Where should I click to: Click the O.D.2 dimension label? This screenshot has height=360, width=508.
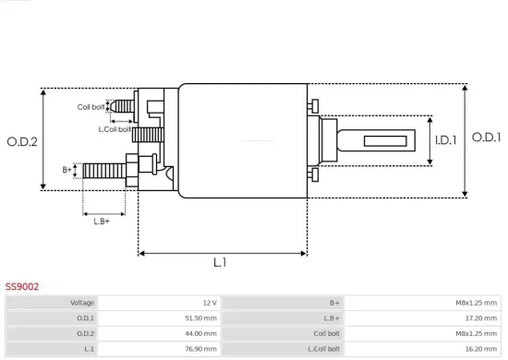point(21,141)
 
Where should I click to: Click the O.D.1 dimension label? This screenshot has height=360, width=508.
point(487,138)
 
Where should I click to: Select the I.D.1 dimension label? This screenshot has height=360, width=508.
point(447,140)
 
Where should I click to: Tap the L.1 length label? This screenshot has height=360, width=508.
point(220,263)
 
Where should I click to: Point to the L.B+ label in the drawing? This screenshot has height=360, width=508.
point(102,220)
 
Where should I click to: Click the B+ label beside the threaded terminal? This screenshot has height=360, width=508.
point(67,170)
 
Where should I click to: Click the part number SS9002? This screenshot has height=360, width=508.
point(22,286)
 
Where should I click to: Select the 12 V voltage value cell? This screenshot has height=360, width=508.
point(210,302)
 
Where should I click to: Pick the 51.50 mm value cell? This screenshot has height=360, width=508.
point(200,318)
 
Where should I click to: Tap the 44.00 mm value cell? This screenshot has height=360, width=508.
point(200,333)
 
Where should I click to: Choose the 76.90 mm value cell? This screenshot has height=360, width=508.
point(200,349)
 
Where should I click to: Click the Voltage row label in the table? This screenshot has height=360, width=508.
point(82,302)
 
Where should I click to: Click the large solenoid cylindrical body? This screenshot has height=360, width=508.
point(242,140)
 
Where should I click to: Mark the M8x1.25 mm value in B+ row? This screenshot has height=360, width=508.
point(478,302)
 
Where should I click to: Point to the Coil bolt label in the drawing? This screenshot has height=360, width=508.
point(91,107)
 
